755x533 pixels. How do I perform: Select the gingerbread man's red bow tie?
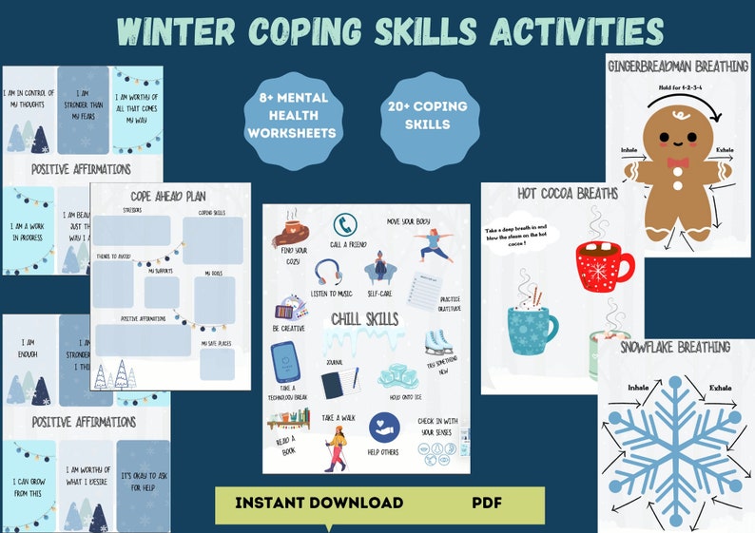click(x=676, y=162)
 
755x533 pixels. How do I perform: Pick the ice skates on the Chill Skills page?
click(x=437, y=343)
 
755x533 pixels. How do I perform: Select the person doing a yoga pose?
click(x=432, y=246)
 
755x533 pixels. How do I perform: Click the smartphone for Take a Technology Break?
click(x=284, y=361)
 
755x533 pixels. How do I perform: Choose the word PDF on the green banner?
click(x=487, y=503)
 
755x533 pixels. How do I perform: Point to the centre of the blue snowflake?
click(x=676, y=440)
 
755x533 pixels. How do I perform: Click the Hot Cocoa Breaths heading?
click(x=554, y=194)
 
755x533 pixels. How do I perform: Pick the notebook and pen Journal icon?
click(x=339, y=384)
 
